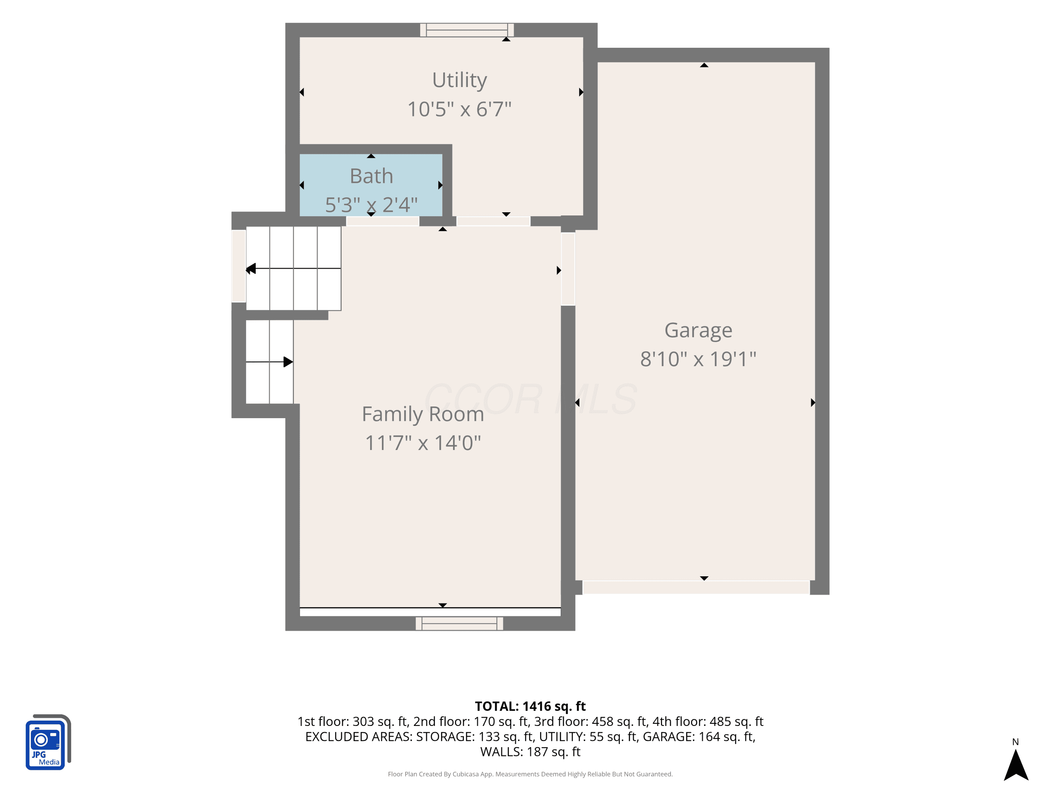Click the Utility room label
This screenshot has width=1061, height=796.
click(x=459, y=80)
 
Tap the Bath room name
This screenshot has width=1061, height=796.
click(x=371, y=176)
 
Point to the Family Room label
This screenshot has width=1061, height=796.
click(x=423, y=414)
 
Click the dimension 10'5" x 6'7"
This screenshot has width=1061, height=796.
click(x=459, y=109)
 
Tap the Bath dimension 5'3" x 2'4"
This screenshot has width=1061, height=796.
click(x=371, y=205)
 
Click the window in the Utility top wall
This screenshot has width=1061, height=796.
click(x=467, y=30)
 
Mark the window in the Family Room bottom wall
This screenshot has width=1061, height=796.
click(x=459, y=623)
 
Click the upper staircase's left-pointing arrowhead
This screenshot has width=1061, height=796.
click(x=251, y=269)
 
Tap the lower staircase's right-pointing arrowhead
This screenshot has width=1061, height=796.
click(x=288, y=362)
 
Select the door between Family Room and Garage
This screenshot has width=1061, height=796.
click(x=568, y=269)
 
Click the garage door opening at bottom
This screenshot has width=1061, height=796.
click(x=696, y=587)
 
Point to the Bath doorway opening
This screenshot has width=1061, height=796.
click(x=382, y=221)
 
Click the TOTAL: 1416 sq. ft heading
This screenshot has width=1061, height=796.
click(x=530, y=706)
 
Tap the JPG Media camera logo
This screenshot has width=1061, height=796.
click(x=48, y=742)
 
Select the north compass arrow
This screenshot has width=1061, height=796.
click(x=1016, y=765)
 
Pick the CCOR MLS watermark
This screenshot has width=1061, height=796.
click(x=530, y=399)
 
